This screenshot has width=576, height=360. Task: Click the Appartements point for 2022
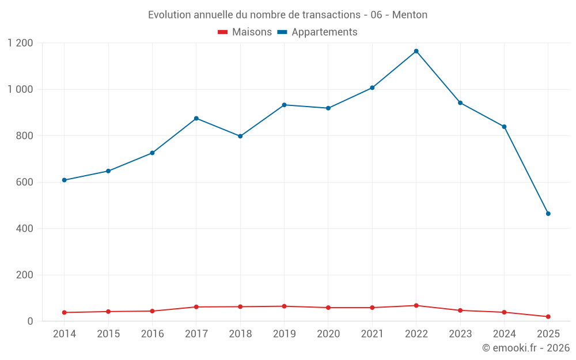[416, 51]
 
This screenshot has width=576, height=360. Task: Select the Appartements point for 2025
[548, 214]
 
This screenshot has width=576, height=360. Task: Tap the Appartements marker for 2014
[64, 180]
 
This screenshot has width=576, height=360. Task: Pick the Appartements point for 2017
[196, 118]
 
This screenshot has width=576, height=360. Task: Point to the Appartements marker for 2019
[284, 105]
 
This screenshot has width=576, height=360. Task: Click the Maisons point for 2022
[416, 305]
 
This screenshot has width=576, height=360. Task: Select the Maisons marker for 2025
[548, 317]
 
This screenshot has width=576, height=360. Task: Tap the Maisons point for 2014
[64, 313]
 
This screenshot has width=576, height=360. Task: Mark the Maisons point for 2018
[240, 306]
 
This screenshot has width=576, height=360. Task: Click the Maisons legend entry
[245, 32]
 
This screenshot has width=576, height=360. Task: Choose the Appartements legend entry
[317, 32]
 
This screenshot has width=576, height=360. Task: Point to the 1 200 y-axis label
[21, 43]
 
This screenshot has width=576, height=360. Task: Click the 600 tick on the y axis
[24, 182]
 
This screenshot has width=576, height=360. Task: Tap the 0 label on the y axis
[31, 321]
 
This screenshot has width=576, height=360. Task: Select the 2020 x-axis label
[328, 334]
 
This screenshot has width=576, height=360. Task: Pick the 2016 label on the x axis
[152, 334]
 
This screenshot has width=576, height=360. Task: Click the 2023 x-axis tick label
[460, 334]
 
